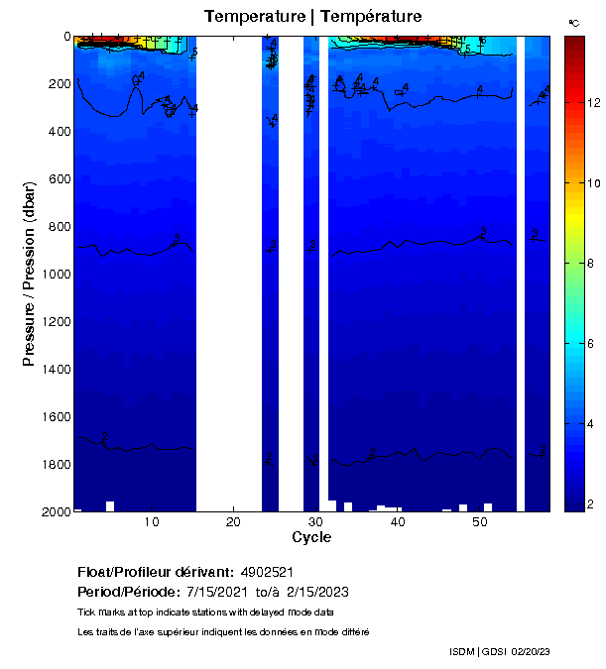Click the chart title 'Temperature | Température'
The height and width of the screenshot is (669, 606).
[312, 17]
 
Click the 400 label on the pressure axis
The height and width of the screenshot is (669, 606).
[59, 132]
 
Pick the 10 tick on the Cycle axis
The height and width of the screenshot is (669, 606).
[152, 522]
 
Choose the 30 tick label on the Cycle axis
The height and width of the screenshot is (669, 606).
[314, 522]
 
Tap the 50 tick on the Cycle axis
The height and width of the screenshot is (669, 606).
[479, 522]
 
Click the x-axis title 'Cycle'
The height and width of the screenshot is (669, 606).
[311, 538]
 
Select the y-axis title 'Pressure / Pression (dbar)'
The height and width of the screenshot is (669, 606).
[29, 274]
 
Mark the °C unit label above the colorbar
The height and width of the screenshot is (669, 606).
[573, 22]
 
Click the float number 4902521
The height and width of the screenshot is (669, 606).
[267, 573]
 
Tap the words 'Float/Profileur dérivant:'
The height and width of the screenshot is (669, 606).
[156, 573]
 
